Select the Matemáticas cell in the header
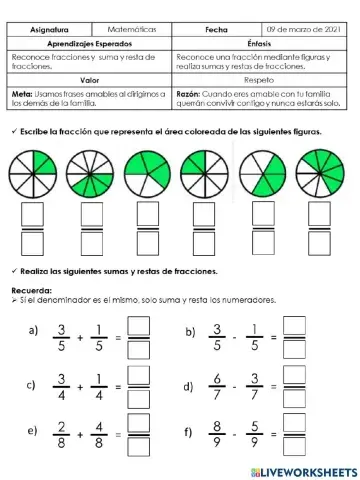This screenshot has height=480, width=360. tap(131, 31)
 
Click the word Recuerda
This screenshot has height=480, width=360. tap(31, 290)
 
